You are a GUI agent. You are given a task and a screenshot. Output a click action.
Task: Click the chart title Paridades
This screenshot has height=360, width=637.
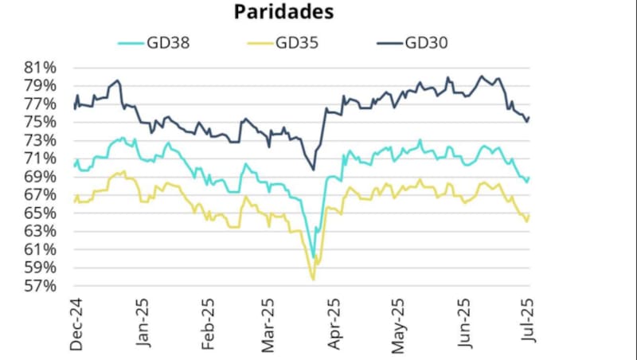pyautogui.click(x=283, y=12)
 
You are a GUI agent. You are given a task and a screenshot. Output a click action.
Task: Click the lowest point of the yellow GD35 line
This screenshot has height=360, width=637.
pyautogui.click(x=313, y=280)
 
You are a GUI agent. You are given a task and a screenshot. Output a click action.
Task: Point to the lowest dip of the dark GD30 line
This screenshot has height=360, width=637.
pyautogui.click(x=313, y=169)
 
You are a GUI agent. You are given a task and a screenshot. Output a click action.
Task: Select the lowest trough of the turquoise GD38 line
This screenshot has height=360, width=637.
pyautogui.click(x=314, y=259)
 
